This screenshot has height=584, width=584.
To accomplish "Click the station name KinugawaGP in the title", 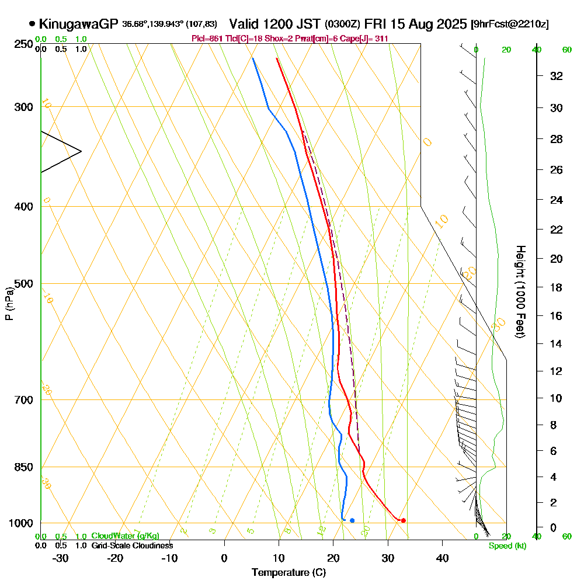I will point(78,24).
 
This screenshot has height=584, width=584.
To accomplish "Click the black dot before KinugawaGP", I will point(32,25).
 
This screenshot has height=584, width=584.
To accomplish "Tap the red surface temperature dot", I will point(404,520).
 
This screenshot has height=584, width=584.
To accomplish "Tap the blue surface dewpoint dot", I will point(352,520).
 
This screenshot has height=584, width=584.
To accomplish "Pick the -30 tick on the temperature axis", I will point(61,558).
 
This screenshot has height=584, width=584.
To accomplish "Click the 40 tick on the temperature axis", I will point(442,558).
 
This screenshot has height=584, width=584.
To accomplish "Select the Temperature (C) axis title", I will point(288,573).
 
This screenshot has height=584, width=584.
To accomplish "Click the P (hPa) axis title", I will point(9,303).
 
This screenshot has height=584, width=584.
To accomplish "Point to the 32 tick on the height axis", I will point(557,75).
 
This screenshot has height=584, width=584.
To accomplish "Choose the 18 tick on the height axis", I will point(557,287).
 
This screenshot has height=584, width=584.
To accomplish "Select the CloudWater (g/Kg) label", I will point(125,536).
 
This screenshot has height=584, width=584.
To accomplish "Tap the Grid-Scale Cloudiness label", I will point(131,545).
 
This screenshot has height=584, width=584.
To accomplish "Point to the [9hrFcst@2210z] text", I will point(509,25).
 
